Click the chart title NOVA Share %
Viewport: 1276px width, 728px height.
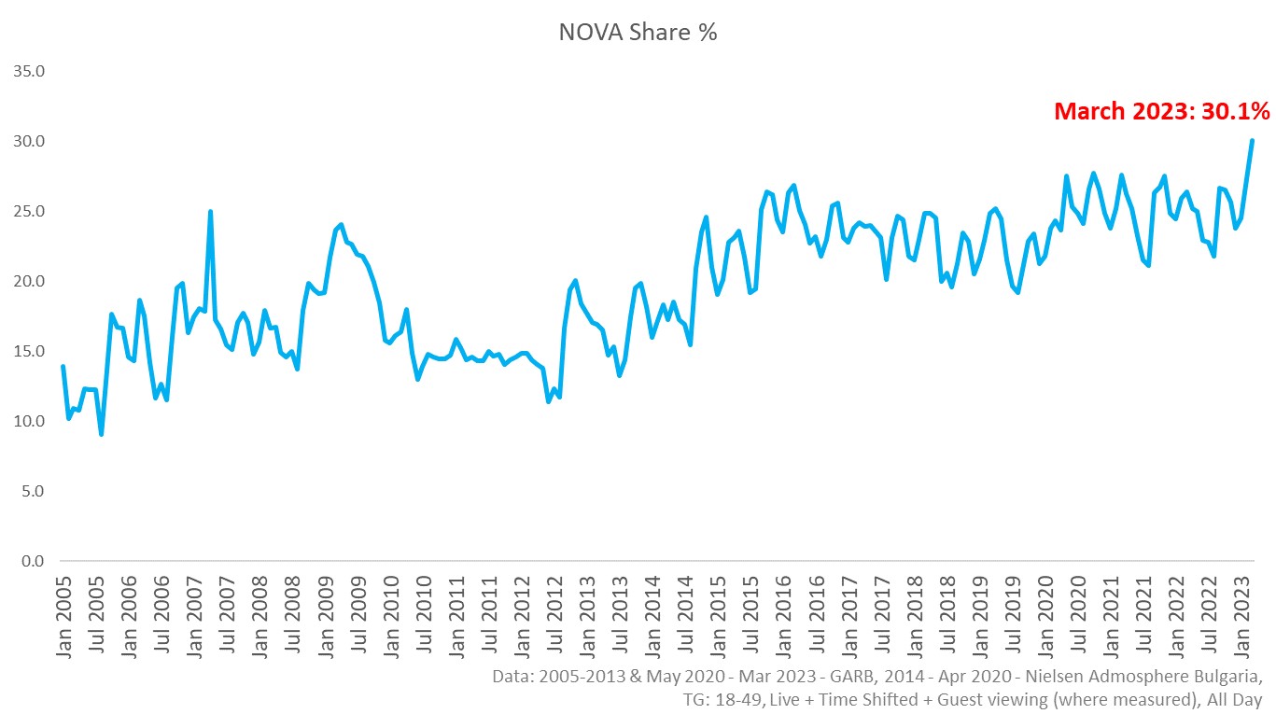[x=638, y=32]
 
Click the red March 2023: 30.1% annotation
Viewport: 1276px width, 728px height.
[x=1161, y=112]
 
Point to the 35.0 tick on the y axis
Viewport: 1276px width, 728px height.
[x=28, y=71]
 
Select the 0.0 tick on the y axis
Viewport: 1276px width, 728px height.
[x=32, y=561]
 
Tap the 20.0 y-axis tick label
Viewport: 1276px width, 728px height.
[x=28, y=281]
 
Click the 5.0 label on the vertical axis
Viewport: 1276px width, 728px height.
[x=32, y=491]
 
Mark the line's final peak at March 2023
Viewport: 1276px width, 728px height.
[x=1252, y=141]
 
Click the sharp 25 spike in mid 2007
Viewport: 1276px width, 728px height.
[x=210, y=212]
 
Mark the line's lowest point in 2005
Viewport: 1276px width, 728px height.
[x=101, y=434]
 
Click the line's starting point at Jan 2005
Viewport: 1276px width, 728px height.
[x=63, y=367]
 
